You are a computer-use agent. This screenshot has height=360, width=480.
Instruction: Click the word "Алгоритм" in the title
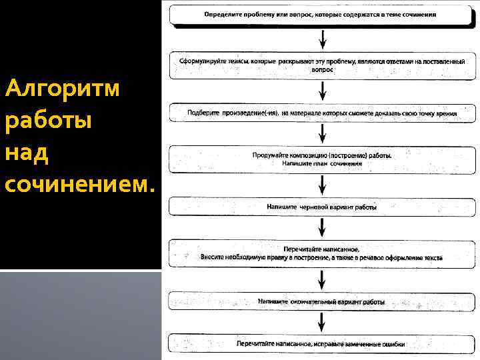click(62, 87)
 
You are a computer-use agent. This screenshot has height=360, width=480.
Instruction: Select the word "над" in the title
click(26, 153)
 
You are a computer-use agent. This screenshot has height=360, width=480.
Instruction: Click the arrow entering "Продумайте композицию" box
click(323, 135)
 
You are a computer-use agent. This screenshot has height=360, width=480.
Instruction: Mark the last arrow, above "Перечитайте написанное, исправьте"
click(323, 323)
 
